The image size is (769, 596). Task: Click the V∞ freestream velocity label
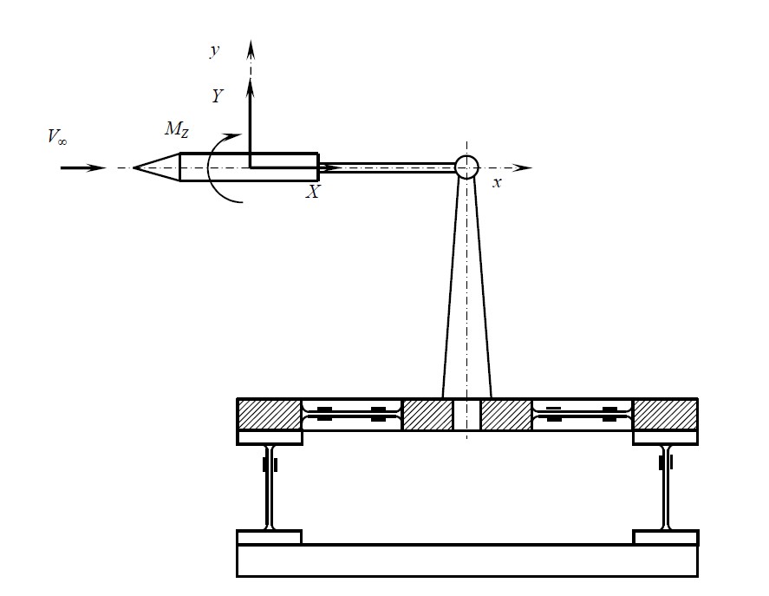(57, 137)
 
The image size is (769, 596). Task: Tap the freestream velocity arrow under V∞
(83, 168)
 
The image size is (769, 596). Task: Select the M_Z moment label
(177, 129)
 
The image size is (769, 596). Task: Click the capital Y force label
(218, 96)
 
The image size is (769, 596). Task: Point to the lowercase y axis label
(215, 50)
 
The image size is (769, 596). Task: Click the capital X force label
(312, 192)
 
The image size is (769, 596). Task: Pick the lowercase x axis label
(497, 183)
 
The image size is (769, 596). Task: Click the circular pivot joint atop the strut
(466, 167)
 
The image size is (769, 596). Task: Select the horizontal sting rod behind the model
(387, 168)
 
